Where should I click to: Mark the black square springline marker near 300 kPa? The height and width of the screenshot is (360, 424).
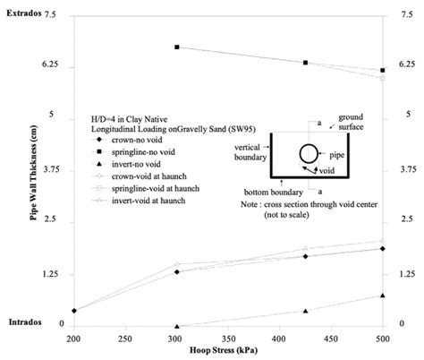(x=177, y=47)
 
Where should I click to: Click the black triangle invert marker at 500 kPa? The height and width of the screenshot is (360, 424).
(x=383, y=296)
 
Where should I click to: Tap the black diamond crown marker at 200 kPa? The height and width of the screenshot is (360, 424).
(x=73, y=311)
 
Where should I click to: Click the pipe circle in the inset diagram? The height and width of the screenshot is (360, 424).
(x=308, y=152)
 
